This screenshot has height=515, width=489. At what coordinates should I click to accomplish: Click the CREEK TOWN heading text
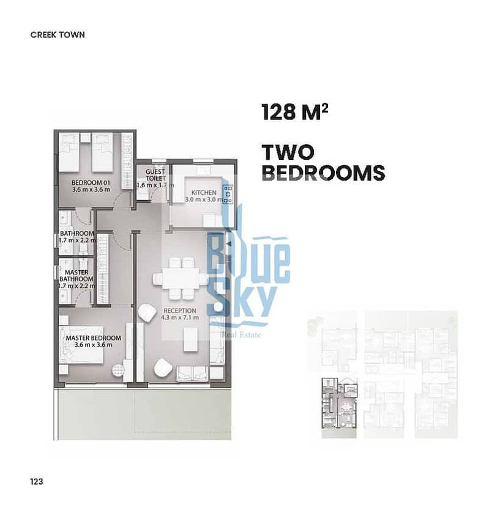point(58,35)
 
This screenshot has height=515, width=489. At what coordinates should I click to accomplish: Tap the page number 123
point(37,481)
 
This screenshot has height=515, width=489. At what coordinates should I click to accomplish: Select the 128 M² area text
point(295,112)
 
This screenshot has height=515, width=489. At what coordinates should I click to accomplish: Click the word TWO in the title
point(288,152)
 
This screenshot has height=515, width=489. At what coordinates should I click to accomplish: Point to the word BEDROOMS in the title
point(323,173)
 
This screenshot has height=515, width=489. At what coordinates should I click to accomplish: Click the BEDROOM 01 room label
point(91,182)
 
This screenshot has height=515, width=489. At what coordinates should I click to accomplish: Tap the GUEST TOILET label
point(155,175)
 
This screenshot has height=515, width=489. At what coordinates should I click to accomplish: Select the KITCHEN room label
point(204,192)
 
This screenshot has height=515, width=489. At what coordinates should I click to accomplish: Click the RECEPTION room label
point(180,310)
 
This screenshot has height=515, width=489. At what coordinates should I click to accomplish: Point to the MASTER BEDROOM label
point(94,338)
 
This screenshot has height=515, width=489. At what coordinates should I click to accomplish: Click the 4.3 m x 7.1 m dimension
point(180,318)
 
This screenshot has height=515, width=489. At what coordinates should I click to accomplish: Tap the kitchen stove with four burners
point(228,194)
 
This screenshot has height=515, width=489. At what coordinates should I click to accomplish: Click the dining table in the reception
point(181,279)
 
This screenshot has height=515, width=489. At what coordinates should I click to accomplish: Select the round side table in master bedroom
point(118,371)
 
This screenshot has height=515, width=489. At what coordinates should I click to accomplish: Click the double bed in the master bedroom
point(81,345)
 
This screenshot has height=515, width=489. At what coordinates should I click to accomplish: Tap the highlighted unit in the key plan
point(339,408)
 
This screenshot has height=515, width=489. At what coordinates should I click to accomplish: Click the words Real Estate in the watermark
point(242,335)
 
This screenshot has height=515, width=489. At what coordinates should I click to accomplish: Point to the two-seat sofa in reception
point(192,374)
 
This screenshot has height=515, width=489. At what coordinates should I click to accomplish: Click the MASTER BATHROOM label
point(76,276)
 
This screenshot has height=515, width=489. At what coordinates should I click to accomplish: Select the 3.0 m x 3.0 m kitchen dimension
point(204,200)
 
